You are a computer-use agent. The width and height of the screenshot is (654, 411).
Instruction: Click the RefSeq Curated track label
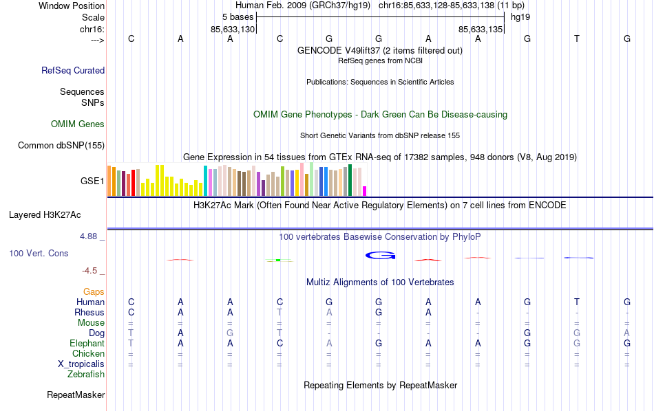click(x=73, y=70)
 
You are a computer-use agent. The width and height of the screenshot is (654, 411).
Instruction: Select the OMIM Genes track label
click(x=78, y=124)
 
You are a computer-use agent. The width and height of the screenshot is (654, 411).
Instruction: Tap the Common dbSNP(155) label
click(x=61, y=145)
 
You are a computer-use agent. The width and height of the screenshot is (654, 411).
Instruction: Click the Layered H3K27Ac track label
click(x=56, y=214)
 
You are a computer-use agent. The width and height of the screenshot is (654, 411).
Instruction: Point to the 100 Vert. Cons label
click(x=39, y=254)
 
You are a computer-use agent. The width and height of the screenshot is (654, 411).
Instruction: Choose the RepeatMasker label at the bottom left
click(x=76, y=395)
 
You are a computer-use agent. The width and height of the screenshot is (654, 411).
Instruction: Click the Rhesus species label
click(x=89, y=313)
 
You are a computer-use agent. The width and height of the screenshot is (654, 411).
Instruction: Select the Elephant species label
click(x=87, y=343)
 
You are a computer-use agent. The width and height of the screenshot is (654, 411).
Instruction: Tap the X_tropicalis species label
click(x=81, y=364)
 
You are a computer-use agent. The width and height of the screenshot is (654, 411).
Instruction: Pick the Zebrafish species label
click(x=86, y=375)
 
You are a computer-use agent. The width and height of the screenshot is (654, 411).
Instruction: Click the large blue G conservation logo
click(x=380, y=256)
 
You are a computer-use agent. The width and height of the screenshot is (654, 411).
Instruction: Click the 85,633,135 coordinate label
click(x=481, y=29)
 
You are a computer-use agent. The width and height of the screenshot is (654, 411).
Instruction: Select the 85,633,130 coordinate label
click(x=233, y=29)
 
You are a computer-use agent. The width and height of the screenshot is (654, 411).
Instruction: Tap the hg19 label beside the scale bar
click(x=520, y=16)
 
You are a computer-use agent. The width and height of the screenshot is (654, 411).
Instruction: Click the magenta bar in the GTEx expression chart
click(x=365, y=191)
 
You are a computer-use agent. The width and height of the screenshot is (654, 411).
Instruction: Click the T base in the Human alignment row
click(x=577, y=302)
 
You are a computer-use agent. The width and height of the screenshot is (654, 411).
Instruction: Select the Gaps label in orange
click(x=94, y=292)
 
